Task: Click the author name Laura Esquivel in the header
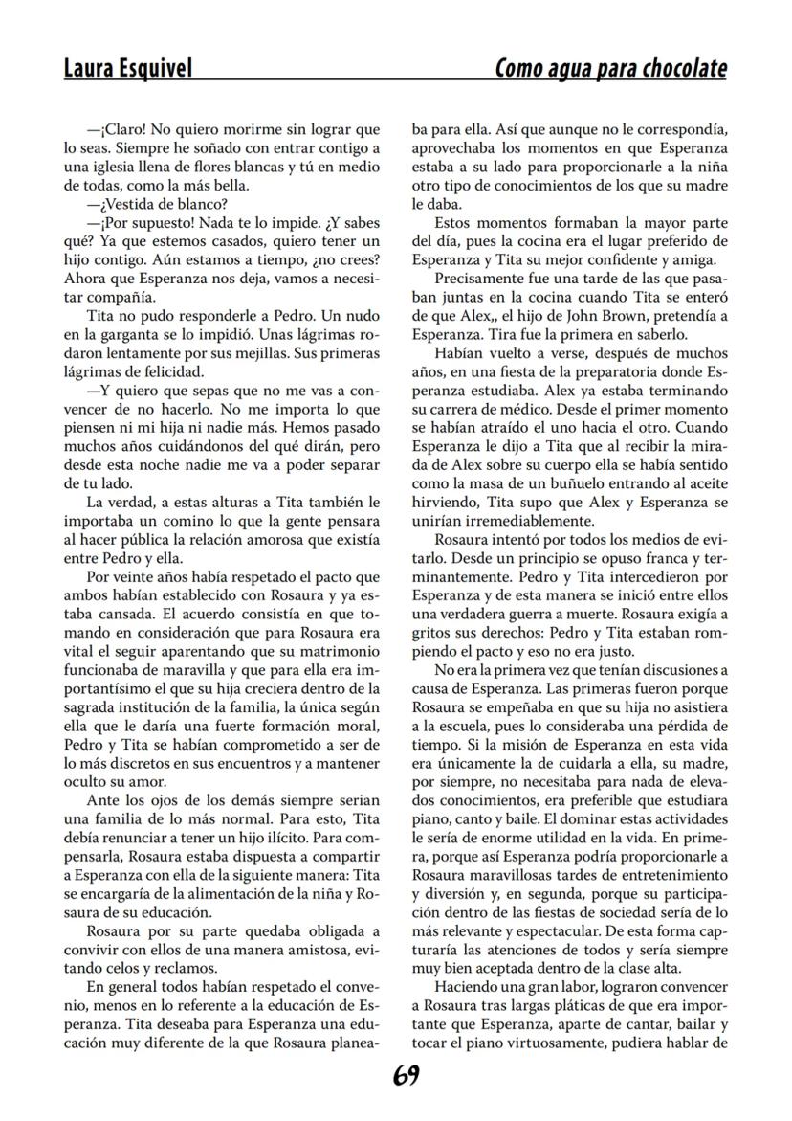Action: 128,69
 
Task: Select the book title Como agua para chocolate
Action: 610,69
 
